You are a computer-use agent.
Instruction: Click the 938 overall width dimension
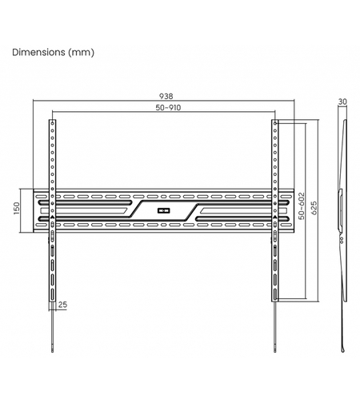coord(166,96)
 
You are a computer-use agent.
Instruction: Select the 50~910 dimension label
coord(168,108)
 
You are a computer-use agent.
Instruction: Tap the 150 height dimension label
coord(16,208)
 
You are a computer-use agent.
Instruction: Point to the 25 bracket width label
coord(62,305)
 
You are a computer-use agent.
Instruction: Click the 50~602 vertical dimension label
coord(302,206)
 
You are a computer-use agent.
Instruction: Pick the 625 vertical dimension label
coord(314,208)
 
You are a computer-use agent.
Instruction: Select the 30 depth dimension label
coord(342,102)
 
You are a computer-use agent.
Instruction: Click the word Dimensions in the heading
coord(38,52)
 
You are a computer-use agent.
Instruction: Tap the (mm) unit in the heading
coord(81,52)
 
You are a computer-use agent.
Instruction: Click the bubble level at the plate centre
coord(164,210)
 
